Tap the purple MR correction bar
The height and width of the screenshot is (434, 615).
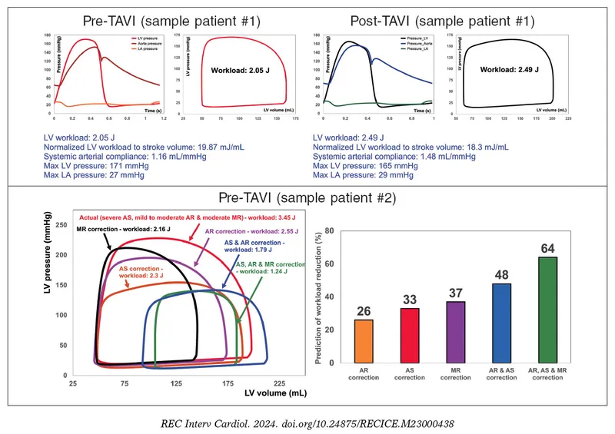point(455,331)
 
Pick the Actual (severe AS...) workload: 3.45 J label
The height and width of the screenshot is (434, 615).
point(194,219)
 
